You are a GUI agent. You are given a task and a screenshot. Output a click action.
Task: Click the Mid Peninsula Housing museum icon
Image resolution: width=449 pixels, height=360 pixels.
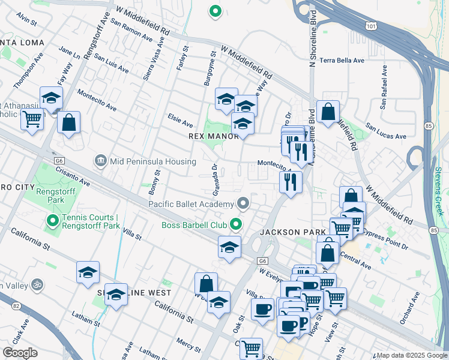point(100,161)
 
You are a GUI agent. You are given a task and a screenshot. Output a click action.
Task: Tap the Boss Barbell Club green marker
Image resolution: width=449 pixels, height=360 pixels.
point(237,225)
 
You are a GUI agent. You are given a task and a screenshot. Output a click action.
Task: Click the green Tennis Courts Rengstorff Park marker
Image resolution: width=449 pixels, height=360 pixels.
point(53,221)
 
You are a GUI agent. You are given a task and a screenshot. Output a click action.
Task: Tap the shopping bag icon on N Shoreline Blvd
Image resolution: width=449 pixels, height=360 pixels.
point(328,112)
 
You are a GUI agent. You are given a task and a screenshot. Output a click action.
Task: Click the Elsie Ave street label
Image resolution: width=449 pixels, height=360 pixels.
point(180,121)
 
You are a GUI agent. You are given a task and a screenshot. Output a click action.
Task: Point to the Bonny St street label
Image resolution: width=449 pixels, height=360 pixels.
point(154,182)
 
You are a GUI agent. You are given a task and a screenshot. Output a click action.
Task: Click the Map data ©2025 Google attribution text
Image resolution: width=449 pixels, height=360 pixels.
point(412,355)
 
